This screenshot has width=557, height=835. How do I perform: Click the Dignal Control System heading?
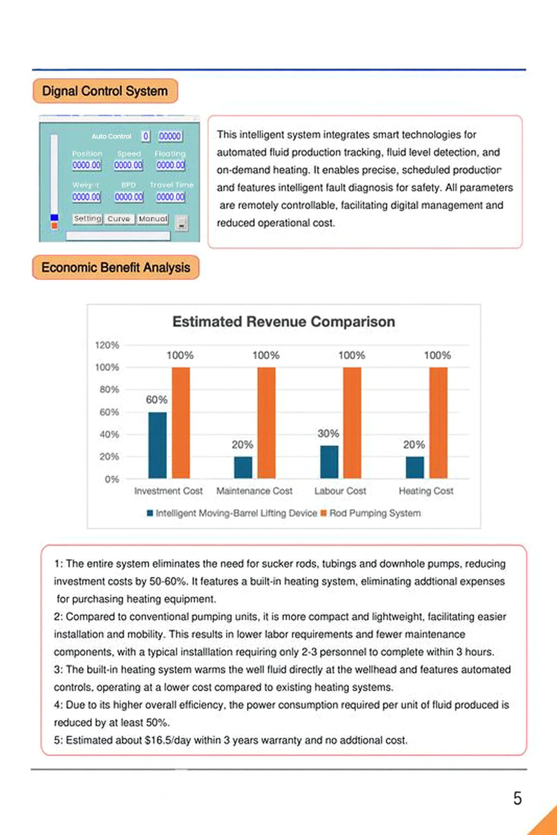click(x=105, y=91)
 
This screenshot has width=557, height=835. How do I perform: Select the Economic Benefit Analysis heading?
click(x=116, y=267)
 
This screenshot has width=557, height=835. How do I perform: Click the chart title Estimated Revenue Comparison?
click(x=283, y=322)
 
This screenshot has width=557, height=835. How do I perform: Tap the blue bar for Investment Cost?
click(x=158, y=445)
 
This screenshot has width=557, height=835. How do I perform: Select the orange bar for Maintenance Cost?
click(x=267, y=423)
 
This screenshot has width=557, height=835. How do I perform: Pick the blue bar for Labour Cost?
click(x=329, y=462)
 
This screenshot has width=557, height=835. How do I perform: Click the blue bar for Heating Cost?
click(x=415, y=468)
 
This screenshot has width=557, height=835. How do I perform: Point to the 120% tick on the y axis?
click(x=107, y=345)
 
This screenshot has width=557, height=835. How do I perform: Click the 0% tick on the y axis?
click(x=112, y=479)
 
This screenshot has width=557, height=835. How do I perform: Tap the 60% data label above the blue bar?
click(x=157, y=400)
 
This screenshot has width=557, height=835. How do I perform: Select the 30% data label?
click(x=328, y=433)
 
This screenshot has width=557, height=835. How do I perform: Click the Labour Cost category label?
click(x=340, y=491)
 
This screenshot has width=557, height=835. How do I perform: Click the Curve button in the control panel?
click(x=119, y=219)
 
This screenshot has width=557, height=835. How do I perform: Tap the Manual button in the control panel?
click(x=153, y=219)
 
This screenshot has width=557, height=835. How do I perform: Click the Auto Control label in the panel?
click(x=112, y=136)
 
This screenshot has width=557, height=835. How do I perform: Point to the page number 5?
click(x=517, y=798)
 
